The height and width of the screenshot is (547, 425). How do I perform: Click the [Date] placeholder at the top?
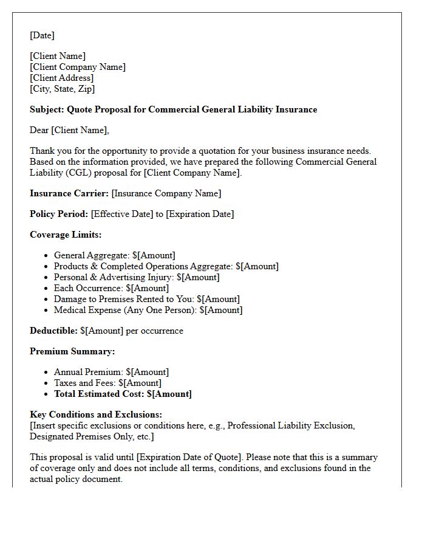coord(42,35)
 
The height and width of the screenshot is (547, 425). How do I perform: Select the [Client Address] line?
coord(61,78)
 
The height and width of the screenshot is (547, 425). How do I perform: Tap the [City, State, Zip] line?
coord(62,89)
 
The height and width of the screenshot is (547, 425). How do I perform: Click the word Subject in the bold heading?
coord(46,109)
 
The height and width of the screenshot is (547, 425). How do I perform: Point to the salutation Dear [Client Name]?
coord(69,130)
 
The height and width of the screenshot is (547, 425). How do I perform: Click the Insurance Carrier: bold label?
coord(69,193)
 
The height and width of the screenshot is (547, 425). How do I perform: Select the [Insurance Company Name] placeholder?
coord(166,193)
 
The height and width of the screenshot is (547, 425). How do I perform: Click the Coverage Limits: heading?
coord(66,235)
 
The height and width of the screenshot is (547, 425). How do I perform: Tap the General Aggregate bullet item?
coord(114,255)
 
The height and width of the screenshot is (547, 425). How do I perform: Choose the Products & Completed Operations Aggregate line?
coord(166,266)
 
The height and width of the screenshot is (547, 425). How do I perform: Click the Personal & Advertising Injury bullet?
coord(137,277)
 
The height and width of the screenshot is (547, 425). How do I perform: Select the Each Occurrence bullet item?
coord(111,288)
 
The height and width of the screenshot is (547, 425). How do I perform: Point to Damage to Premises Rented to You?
coord(146,299)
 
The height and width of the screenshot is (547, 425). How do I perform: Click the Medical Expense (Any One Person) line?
coord(148,310)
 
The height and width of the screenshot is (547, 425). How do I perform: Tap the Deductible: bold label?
coord(53,331)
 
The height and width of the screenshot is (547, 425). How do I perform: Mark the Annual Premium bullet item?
coord(111,372)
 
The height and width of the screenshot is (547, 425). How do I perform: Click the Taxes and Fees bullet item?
coord(107,383)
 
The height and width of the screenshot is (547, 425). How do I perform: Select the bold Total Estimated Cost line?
coord(123,394)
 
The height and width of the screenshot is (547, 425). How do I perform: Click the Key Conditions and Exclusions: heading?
coord(96,415)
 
